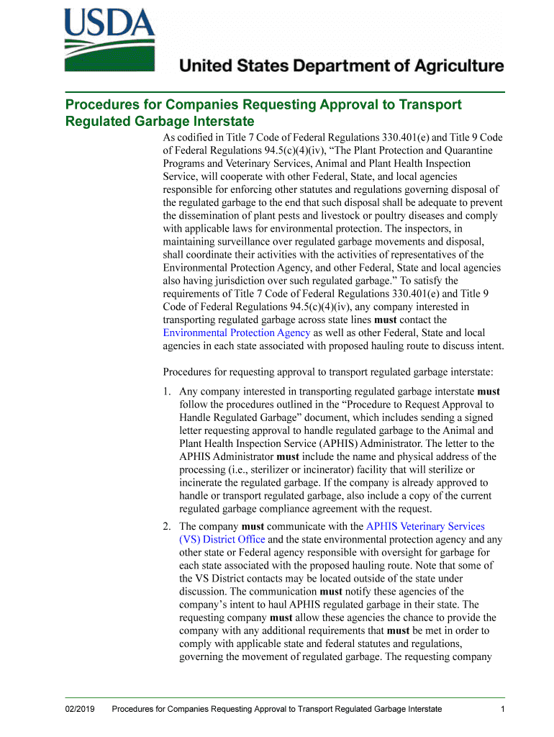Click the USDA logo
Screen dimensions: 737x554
coord(109,40)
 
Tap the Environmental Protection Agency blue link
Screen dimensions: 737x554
coord(237,333)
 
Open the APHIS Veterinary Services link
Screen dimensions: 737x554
coord(425,526)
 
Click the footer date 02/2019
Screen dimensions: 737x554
coord(79,709)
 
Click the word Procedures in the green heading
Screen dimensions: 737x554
coord(102,105)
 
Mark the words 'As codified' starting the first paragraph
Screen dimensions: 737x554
coord(190,137)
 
